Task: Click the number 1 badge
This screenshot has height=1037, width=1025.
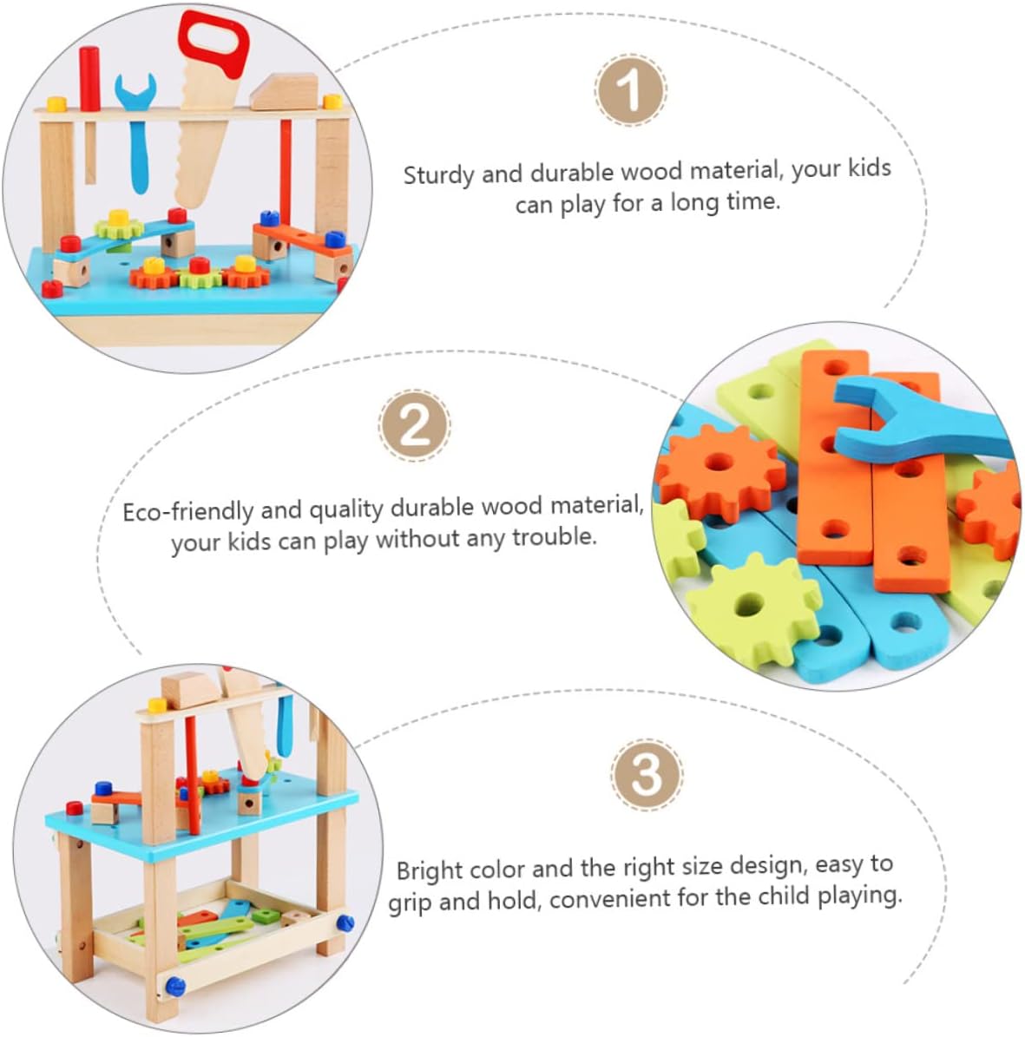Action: point(630,90)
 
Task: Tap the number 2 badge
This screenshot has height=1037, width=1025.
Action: point(415,425)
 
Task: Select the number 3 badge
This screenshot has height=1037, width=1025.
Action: point(647,774)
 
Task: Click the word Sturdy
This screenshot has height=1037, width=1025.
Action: point(438,175)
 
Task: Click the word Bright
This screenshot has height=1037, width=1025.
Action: point(430,871)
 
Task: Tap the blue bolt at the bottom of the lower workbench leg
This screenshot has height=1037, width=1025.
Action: point(174,987)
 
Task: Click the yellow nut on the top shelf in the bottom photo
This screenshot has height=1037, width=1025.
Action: point(157,705)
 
